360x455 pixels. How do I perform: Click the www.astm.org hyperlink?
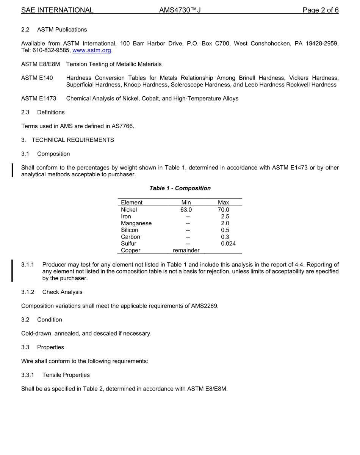pos(92,50)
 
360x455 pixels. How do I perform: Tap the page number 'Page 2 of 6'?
pos(320,10)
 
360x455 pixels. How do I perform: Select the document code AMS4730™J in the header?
pos(180,10)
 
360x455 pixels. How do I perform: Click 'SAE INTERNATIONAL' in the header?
pos(57,10)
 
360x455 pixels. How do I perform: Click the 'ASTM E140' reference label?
pos(37,78)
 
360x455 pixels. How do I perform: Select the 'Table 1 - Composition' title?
pos(180,188)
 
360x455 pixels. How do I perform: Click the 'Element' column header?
pos(131,202)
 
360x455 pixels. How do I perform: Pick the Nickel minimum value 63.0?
pos(186,210)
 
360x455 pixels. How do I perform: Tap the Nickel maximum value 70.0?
pos(223,210)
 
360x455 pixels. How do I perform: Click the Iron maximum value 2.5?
pos(225,217)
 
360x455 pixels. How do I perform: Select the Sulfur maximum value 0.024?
pos(228,243)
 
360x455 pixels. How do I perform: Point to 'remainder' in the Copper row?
pos(186,250)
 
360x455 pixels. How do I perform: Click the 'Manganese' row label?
pos(136,223)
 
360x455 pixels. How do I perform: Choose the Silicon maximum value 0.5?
pos(225,230)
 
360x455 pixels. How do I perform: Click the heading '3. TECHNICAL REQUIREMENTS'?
pos(67,140)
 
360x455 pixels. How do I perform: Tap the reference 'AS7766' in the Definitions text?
pos(122,126)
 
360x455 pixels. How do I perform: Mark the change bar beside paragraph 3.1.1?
pos(12,271)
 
